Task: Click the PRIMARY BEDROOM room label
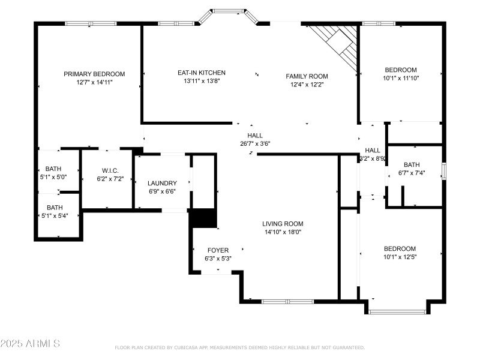click(x=94, y=74)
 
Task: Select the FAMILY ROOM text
click(x=307, y=76)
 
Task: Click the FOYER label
click(x=218, y=250)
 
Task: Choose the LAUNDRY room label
click(x=162, y=183)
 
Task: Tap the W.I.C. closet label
click(x=110, y=170)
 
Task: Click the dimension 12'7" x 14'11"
click(x=94, y=82)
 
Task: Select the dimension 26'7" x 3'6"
click(x=255, y=143)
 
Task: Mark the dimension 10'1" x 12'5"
click(x=400, y=256)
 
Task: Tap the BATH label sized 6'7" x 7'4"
click(x=412, y=165)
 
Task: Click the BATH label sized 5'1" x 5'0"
click(x=53, y=170)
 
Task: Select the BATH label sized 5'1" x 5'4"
click(x=55, y=208)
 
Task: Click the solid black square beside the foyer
click(x=203, y=218)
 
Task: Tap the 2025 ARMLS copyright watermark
click(x=30, y=344)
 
